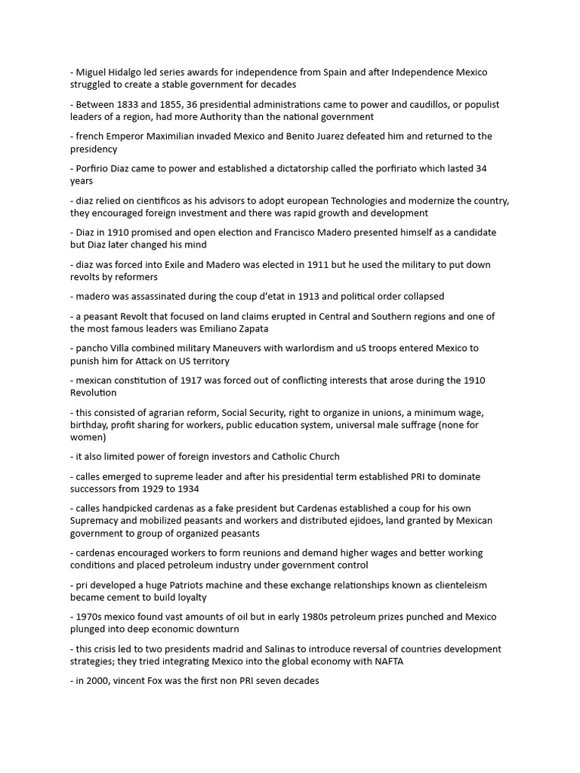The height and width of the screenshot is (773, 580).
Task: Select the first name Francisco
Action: [329, 233]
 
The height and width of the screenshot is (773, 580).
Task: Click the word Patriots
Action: [184, 584]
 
